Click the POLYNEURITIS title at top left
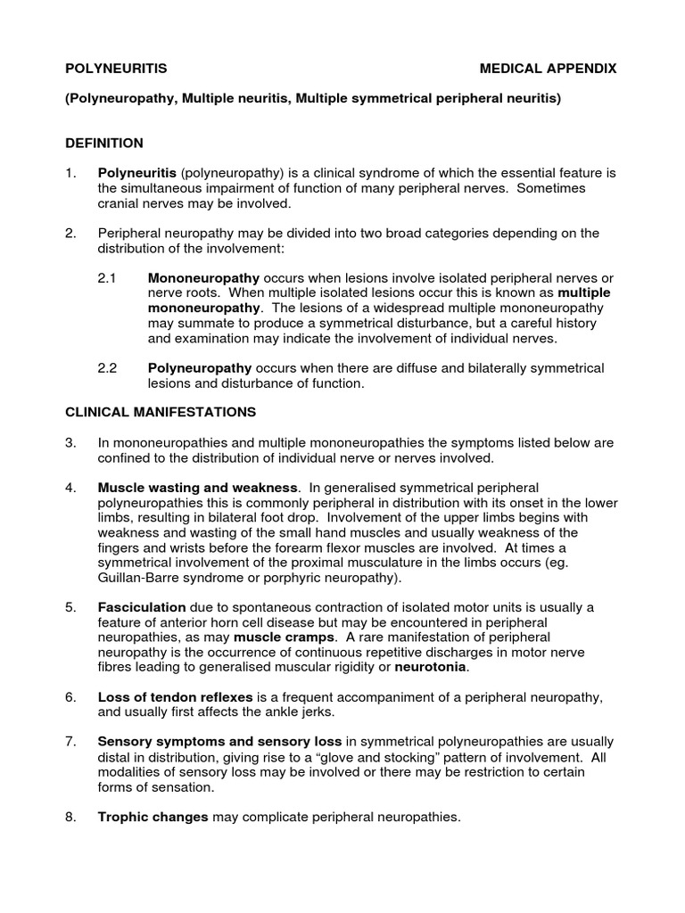115,69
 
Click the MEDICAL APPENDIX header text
548,69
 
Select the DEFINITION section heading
104,143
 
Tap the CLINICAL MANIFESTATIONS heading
161,412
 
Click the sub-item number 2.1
107,278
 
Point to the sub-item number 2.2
107,368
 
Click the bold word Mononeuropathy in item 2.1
203,278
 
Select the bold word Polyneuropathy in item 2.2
200,368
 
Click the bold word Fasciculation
142,607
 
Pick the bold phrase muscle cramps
285,637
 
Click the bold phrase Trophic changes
153,817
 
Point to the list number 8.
70,817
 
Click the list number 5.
70,607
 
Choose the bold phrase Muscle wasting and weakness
197,488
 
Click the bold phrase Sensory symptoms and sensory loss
219,742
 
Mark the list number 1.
70,172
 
